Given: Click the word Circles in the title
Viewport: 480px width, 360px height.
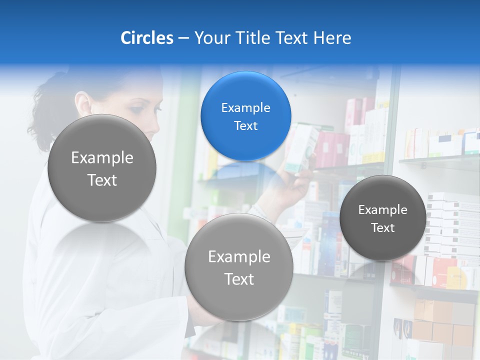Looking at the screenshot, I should (x=146, y=38).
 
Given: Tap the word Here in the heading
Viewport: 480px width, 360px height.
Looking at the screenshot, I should (x=332, y=38).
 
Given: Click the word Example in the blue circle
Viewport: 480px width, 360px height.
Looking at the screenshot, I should (x=245, y=108).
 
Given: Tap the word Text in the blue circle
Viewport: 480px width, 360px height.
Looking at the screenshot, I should (x=245, y=125).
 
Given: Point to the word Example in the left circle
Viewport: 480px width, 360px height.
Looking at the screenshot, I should (x=102, y=158).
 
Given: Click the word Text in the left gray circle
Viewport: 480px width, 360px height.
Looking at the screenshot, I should (x=102, y=180).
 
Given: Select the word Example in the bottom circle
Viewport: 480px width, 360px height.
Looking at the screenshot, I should (x=239, y=257).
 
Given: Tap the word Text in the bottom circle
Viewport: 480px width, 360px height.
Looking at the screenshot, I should (x=239, y=279).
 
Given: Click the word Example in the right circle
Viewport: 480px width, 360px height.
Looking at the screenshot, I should (x=382, y=210).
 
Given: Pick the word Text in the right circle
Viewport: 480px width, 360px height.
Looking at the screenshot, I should (x=382, y=228).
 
